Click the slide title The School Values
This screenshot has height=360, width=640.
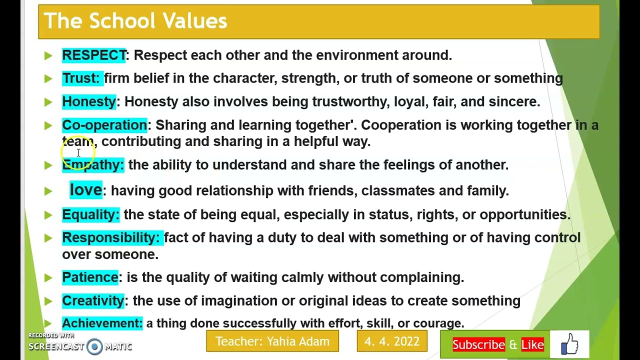tap(135, 21)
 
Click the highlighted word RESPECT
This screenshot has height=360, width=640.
tap(94, 55)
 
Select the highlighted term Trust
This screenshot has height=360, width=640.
tap(80, 78)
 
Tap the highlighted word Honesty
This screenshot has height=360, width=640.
tap(88, 101)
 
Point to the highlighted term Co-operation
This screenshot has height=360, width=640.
tap(104, 125)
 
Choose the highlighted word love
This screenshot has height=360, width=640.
tap(86, 190)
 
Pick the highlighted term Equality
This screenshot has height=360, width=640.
tap(90, 214)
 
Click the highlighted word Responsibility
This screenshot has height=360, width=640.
tap(110, 237)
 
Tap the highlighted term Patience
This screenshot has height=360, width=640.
tap(90, 277)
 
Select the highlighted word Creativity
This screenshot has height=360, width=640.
tap(92, 300)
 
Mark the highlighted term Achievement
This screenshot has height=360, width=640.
tap(102, 323)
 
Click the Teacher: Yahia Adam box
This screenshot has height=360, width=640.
tap(272, 341)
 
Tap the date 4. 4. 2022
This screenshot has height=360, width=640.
tap(392, 341)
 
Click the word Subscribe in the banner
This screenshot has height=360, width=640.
tap(478, 345)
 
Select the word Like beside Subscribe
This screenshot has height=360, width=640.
tap(532, 345)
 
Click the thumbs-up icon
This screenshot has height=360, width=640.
tap(569, 344)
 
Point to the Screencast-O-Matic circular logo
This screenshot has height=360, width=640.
tap(94, 346)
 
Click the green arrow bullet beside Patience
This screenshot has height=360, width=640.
tap(48, 277)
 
